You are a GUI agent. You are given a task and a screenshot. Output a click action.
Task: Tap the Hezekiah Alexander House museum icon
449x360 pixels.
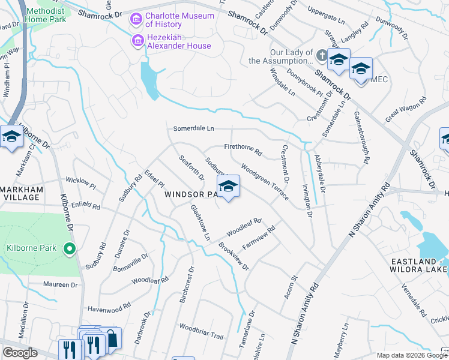[137, 41]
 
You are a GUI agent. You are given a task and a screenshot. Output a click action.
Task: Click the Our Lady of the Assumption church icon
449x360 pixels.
[322, 56]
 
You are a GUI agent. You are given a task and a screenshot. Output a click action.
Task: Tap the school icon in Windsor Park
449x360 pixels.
[228, 187]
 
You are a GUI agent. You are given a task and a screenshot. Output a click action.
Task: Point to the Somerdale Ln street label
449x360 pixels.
[193, 128]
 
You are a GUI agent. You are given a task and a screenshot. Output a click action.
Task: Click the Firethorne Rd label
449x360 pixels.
[243, 149]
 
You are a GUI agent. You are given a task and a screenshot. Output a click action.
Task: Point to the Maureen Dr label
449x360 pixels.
[62, 284]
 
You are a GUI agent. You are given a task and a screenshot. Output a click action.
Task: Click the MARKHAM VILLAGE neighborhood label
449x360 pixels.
[22, 194]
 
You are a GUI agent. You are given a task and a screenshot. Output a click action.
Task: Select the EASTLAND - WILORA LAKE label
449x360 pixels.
[419, 266]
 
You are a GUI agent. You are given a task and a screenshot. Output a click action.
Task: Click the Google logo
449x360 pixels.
[20, 352]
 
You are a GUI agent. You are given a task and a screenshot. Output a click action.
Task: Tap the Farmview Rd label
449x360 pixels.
[258, 238]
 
